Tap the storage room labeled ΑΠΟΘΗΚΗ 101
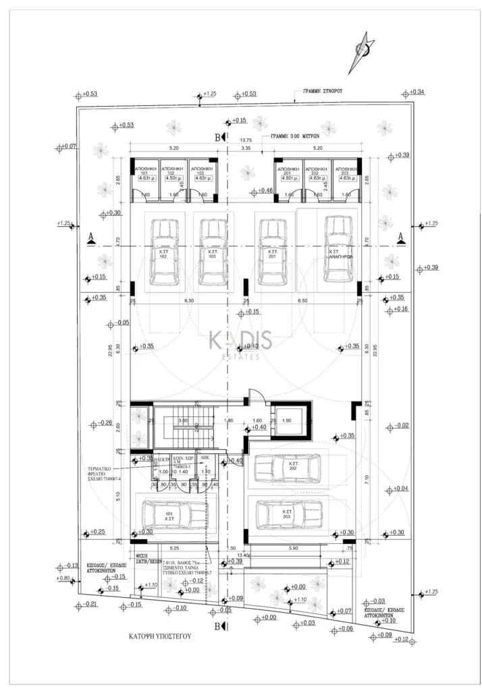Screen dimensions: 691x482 point(144,181)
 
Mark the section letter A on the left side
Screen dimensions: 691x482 point(90,236)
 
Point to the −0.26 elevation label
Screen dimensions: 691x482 point(105,424)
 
